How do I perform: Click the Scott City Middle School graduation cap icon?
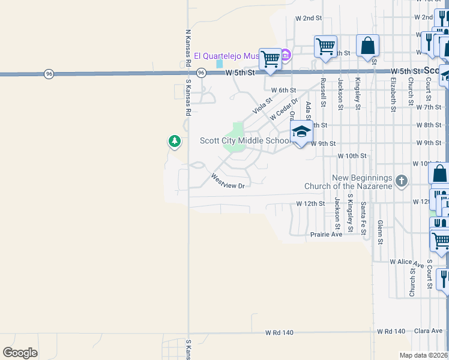pos(301,132)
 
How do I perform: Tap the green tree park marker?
pos(174,142)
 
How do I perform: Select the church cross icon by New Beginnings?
pos(402,180)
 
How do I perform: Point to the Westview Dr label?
pos(228,181)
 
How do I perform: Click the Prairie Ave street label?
pos(326,234)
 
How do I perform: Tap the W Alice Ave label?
pos(406,262)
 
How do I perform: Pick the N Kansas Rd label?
pos(188,47)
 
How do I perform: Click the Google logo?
pos(20,353)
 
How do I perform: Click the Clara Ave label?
pos(427,331)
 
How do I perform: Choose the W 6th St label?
pos(283,90)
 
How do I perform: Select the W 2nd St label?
pos(309,19)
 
